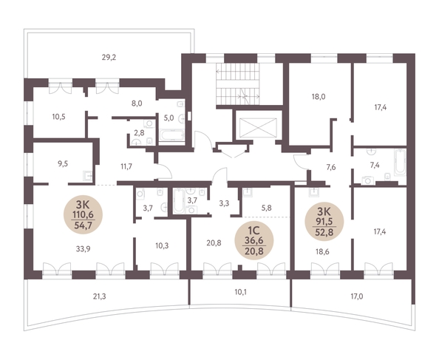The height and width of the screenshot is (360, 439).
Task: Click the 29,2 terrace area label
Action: (109, 58)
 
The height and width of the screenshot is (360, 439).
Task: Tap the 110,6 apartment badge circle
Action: (84, 214)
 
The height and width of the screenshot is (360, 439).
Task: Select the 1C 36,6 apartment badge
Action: (254, 241)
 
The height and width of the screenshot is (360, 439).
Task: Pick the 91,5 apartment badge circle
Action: (324, 222)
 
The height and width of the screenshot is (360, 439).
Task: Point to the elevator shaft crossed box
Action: (258, 128)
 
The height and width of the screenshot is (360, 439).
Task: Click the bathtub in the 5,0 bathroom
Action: (171, 135)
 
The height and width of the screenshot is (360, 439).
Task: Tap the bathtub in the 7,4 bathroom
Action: (400, 163)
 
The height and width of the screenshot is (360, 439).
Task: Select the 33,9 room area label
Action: (84, 248)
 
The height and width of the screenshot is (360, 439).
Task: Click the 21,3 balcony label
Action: (99, 296)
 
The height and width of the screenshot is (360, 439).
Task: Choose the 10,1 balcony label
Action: (241, 293)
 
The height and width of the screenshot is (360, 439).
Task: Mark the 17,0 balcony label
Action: (357, 296)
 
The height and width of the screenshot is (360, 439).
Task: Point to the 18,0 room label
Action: (319, 97)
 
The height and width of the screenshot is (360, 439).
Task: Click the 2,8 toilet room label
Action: (139, 133)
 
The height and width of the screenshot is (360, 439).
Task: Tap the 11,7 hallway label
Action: (126, 167)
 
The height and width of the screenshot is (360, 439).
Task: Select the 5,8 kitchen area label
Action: (266, 208)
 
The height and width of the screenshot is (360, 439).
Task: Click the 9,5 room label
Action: (63, 163)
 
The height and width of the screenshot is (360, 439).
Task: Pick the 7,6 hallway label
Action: (331, 167)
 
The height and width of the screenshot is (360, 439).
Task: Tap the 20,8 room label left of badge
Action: (214, 243)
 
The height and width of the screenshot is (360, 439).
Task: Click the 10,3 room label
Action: (162, 246)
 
